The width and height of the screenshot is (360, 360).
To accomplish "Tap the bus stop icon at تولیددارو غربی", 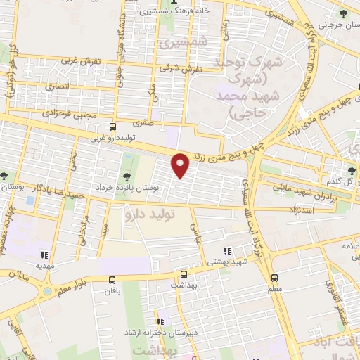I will [113, 127].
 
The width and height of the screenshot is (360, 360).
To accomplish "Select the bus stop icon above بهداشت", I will [184, 275].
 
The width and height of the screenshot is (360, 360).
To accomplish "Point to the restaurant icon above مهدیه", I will [44, 256].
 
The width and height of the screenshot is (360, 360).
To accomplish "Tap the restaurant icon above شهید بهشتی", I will [226, 251].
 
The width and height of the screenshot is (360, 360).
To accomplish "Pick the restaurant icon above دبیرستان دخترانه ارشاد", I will [160, 321].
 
